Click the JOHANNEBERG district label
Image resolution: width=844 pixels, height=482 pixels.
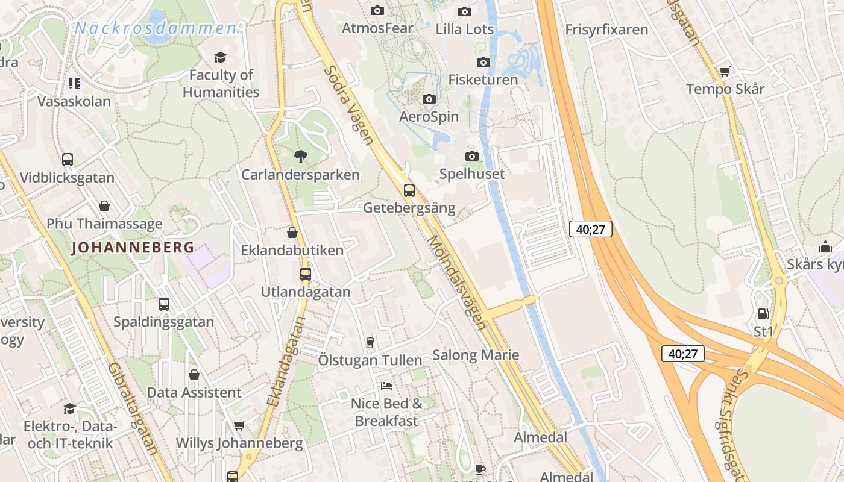pos(133,247)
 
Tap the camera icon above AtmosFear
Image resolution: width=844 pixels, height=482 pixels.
pos(377,10)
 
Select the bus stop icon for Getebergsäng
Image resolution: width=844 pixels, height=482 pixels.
pos(409,190)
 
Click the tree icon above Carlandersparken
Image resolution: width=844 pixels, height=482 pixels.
pos(300,157)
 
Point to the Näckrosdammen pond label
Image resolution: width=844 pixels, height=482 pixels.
pos(156,28)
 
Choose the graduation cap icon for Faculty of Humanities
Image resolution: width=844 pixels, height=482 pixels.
pos(220,57)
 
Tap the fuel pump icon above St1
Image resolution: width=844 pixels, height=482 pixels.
pos(763,314)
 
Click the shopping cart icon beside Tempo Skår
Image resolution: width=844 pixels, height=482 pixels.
pos(725,72)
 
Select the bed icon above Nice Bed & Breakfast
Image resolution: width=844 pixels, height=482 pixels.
pos(386,386)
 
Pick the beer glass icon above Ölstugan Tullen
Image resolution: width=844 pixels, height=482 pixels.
pos(370,342)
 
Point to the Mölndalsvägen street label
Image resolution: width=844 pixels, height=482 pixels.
pos(456,283)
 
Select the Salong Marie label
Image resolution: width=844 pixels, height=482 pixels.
pos(476,355)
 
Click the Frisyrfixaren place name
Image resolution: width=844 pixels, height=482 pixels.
pos(606,30)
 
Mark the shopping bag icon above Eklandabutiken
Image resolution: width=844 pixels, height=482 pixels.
pos(292,233)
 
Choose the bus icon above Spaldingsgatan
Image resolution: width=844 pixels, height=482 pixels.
pos(163,304)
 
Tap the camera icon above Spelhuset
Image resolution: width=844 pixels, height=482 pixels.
pos(472,157)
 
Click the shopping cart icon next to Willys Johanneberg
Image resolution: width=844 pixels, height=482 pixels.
pos(239,426)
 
